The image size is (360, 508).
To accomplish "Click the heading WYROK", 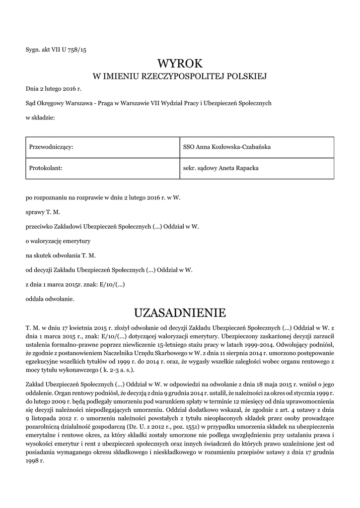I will click(180, 63).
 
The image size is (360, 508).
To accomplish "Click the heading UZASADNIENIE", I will click(180, 313).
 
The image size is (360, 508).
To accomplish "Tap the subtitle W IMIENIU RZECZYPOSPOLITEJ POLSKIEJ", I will click(180, 77).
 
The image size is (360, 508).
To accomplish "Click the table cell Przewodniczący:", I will click(52, 147).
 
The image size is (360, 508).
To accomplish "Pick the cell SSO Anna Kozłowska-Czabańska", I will click(226, 147).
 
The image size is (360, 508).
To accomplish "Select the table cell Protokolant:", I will click(46, 168).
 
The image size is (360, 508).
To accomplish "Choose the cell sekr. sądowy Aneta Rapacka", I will click(221, 168).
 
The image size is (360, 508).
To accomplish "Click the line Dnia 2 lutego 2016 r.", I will click(53, 89).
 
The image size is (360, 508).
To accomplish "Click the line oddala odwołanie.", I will click(50, 299).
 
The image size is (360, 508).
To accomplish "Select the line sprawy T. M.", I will click(43, 212).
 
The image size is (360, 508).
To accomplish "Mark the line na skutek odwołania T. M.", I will click(61, 255).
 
